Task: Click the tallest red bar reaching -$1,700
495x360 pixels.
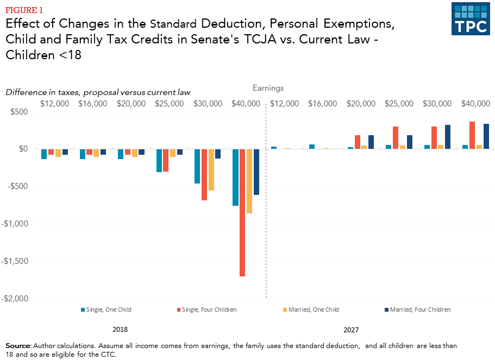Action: [x=242, y=212]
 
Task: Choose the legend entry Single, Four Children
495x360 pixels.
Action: [x=207, y=310]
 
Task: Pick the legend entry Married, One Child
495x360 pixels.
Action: [x=312, y=310]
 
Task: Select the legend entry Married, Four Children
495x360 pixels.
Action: [x=417, y=310]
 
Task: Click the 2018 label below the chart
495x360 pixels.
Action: [x=120, y=330]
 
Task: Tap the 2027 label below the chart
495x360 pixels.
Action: [x=351, y=330]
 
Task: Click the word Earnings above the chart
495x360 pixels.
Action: [x=268, y=88]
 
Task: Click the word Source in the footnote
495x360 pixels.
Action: [x=18, y=346]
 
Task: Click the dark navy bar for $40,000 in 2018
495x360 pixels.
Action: [x=256, y=172]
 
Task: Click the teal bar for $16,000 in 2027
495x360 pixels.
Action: [x=312, y=147]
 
